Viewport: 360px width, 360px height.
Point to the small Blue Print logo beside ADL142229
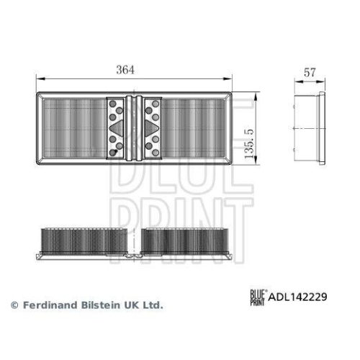(x=258, y=295)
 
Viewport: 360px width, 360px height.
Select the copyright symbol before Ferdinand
(x=14, y=305)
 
